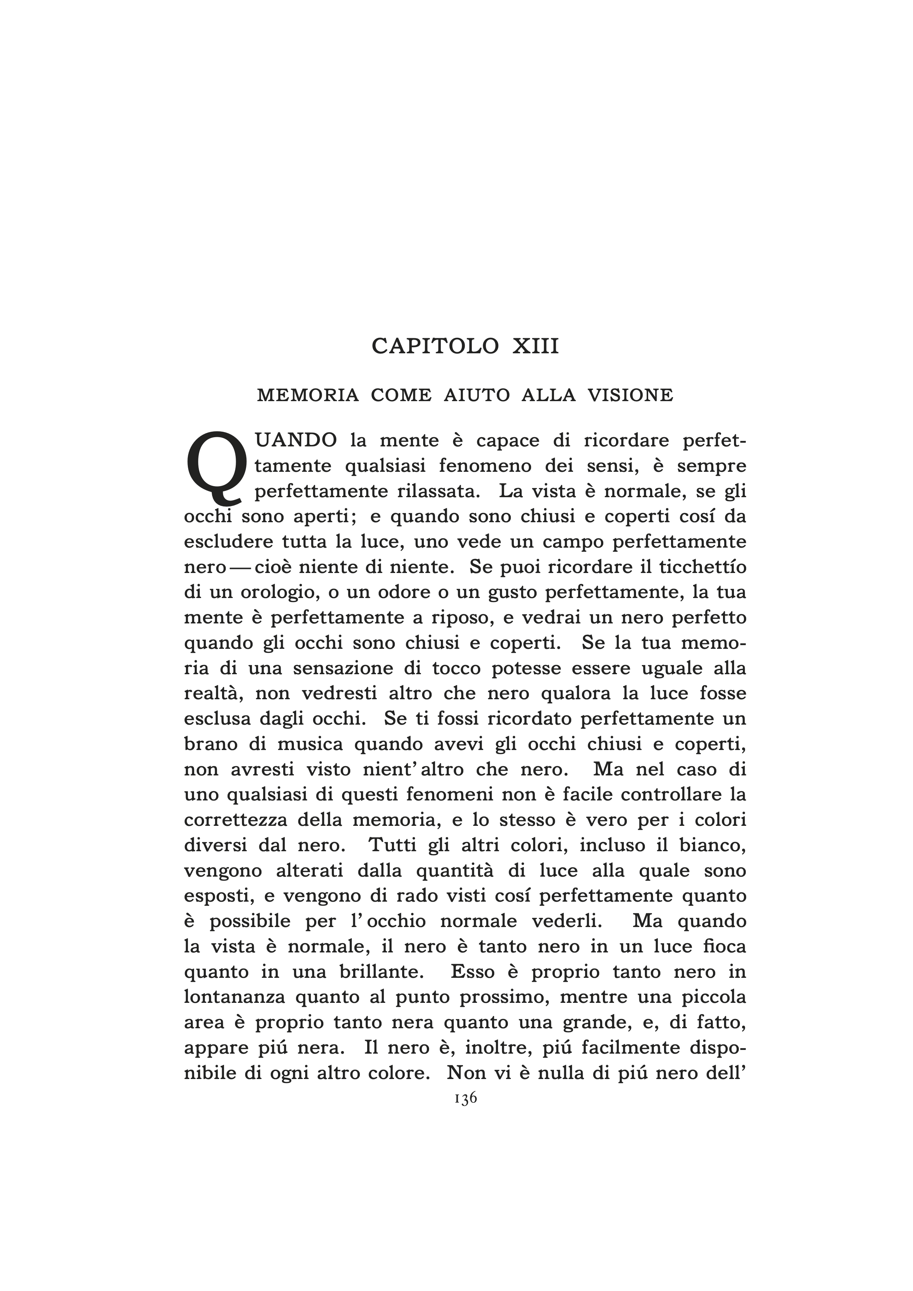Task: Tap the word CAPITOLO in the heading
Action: click(x=435, y=346)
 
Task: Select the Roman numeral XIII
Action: click(x=535, y=346)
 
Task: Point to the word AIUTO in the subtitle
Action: click(x=477, y=396)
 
